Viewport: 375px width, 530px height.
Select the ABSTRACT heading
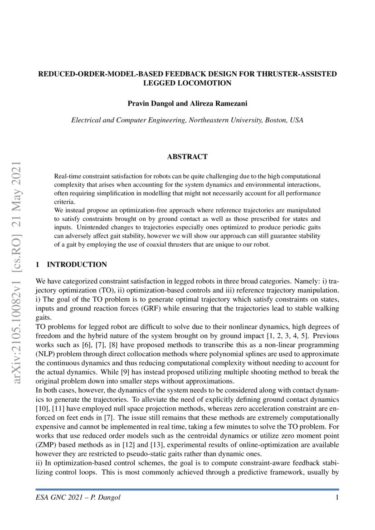[x=187, y=157]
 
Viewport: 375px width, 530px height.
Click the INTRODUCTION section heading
[x=77, y=264]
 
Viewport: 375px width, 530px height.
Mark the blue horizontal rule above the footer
[x=187, y=490]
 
